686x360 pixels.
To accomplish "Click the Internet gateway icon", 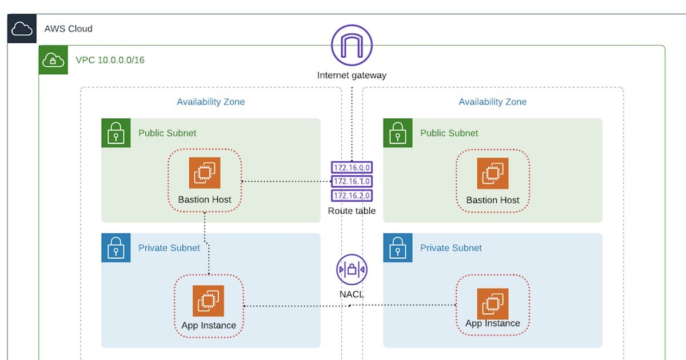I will pyautogui.click(x=352, y=45).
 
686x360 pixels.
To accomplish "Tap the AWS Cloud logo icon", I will pyautogui.click(x=22, y=29).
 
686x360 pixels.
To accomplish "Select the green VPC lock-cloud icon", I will pyautogui.click(x=53, y=59).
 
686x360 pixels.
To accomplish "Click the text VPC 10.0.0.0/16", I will pyautogui.click(x=110, y=60).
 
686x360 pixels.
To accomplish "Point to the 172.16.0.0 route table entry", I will pyautogui.click(x=352, y=167).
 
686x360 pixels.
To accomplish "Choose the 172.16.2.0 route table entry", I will pyautogui.click(x=352, y=195).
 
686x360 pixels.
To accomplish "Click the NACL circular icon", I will pyautogui.click(x=352, y=269).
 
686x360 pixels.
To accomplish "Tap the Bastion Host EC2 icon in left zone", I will pyautogui.click(x=205, y=173).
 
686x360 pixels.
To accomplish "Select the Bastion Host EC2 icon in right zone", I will pyautogui.click(x=492, y=173).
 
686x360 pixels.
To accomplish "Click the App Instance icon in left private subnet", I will pyautogui.click(x=208, y=301).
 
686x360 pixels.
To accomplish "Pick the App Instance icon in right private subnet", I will pyautogui.click(x=492, y=303).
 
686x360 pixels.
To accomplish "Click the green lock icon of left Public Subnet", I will pyautogui.click(x=116, y=133).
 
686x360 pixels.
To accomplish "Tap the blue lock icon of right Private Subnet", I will pyautogui.click(x=397, y=248).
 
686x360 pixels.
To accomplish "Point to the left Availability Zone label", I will pyautogui.click(x=210, y=102).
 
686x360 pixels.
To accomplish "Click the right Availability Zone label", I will pyautogui.click(x=492, y=102).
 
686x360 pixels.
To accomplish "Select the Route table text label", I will pyautogui.click(x=352, y=211).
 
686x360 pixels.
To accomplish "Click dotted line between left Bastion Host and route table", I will pyautogui.click(x=286, y=182).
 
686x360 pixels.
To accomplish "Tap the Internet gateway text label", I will pyautogui.click(x=352, y=75).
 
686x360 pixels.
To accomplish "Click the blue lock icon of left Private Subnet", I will pyautogui.click(x=116, y=248).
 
